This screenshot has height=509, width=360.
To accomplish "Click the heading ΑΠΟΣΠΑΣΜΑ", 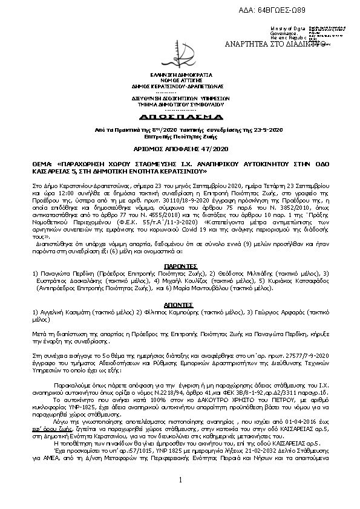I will pos(180,115).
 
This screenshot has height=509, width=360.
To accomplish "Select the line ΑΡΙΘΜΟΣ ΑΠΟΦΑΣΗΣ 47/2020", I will pos(180,148).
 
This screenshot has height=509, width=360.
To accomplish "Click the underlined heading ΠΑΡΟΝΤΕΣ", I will pos(180,265).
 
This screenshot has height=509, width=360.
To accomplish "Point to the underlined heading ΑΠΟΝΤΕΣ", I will pos(180,305).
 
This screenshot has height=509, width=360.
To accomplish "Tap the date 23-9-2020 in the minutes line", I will pos(269,129).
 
